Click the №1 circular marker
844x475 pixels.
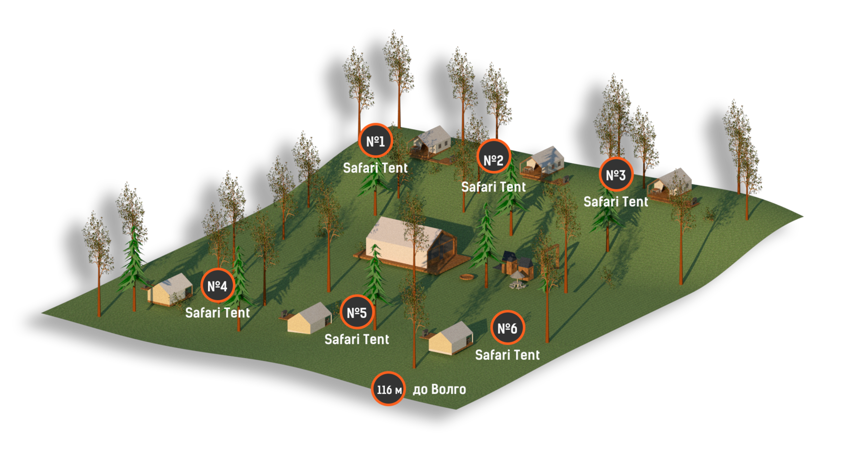pyautogui.click(x=375, y=141)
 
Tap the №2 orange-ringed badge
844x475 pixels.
pyautogui.click(x=493, y=160)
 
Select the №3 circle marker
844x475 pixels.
pyautogui.click(x=615, y=174)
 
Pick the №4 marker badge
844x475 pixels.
pyautogui.click(x=217, y=286)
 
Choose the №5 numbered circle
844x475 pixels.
pyautogui.click(x=357, y=312)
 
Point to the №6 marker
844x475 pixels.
pyautogui.click(x=507, y=328)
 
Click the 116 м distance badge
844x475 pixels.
pyautogui.click(x=388, y=389)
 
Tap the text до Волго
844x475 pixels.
pyautogui.click(x=439, y=389)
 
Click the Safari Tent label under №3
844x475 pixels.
pyautogui.click(x=615, y=202)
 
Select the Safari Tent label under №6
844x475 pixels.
pyautogui.click(x=507, y=355)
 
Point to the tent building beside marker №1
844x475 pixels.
pyautogui.click(x=432, y=141)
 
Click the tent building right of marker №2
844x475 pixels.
pyautogui.click(x=544, y=162)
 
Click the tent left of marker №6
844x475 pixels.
pyautogui.click(x=451, y=338)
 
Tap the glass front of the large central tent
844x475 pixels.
pyautogui.click(x=441, y=251)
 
